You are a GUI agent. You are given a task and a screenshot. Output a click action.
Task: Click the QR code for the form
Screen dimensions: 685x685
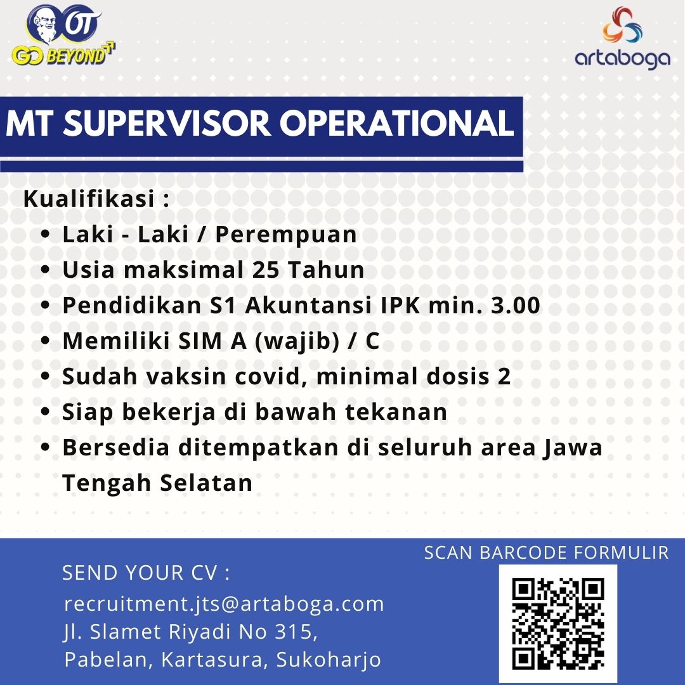pyautogui.click(x=558, y=623)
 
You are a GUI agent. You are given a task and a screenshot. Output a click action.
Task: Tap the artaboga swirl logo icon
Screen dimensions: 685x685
pyautogui.click(x=622, y=25)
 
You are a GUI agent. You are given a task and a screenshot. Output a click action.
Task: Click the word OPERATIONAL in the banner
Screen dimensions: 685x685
pyautogui.click(x=396, y=123)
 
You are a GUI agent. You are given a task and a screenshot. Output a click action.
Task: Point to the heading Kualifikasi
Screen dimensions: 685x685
pyautogui.click(x=89, y=199)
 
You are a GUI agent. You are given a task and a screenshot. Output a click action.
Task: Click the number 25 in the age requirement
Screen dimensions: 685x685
pyautogui.click(x=265, y=270)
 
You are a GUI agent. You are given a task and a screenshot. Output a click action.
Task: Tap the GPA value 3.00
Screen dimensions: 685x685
pyautogui.click(x=516, y=305)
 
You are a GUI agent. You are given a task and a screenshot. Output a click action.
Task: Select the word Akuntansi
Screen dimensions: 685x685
pyautogui.click(x=308, y=305)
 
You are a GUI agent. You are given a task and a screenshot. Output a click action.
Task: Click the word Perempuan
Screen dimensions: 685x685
pyautogui.click(x=285, y=235)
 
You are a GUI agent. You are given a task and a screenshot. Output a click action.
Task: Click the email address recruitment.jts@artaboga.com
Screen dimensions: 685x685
pyautogui.click(x=224, y=604)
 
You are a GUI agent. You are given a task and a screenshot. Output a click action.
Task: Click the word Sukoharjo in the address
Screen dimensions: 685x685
pyautogui.click(x=328, y=660)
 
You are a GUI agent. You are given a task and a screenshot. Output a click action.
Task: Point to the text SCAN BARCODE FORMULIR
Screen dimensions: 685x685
pyautogui.click(x=546, y=552)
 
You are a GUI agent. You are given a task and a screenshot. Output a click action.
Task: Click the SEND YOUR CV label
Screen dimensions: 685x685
pyautogui.click(x=145, y=573)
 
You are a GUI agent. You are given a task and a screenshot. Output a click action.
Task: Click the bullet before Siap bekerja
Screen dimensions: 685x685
pyautogui.click(x=45, y=411)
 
